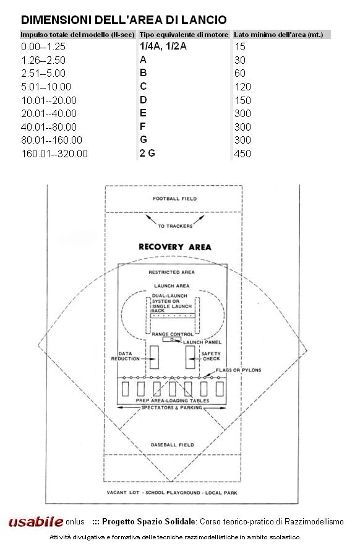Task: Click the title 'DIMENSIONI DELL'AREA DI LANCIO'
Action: (124, 20)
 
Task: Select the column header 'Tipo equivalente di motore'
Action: (184, 35)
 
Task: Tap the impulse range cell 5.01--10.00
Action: (46, 87)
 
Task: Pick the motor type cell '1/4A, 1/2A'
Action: (163, 46)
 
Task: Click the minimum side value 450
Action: (242, 154)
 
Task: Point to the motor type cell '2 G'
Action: (147, 153)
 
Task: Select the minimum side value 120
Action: (242, 87)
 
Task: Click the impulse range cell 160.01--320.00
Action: (54, 154)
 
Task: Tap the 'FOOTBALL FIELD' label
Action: (174, 199)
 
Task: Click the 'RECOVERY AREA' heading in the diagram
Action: (175, 247)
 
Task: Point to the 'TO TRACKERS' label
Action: (175, 226)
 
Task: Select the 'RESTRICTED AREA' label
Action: (171, 272)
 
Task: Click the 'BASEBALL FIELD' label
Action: (172, 445)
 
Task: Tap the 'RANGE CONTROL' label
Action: (173, 334)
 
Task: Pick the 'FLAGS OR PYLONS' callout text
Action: (239, 370)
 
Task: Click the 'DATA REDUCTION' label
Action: (126, 356)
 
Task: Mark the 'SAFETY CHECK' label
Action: (211, 356)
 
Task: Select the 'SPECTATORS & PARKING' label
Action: (171, 407)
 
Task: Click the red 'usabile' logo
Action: (36, 522)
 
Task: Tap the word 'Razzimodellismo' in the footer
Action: (314, 521)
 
